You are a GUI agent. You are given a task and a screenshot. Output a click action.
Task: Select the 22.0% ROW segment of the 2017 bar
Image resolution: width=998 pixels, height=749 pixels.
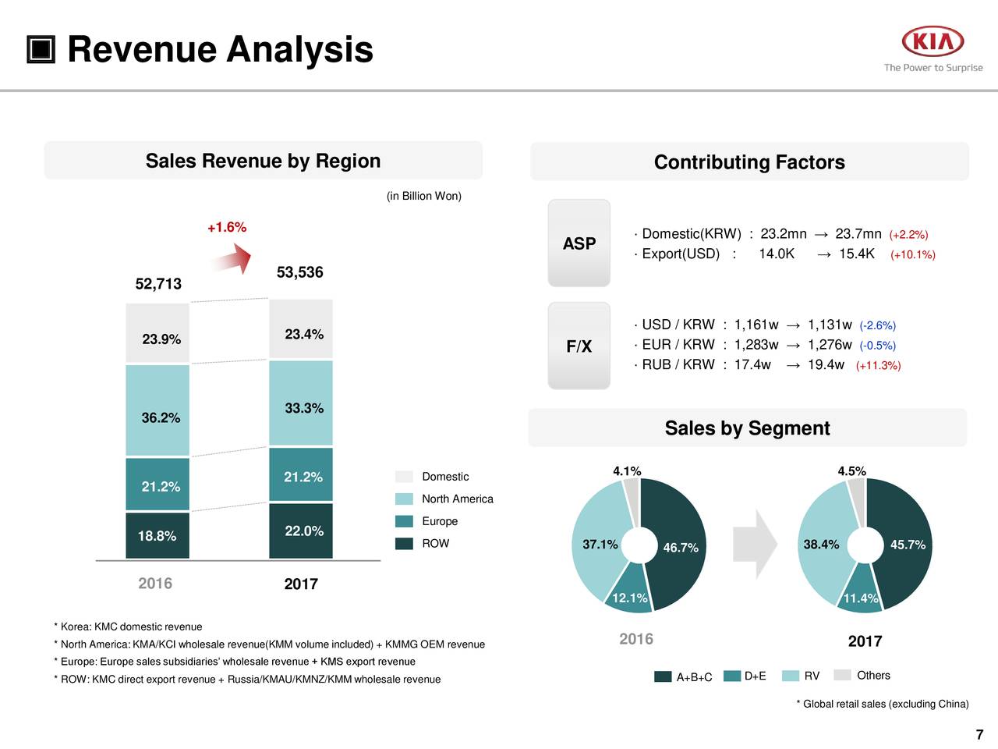click(301, 531)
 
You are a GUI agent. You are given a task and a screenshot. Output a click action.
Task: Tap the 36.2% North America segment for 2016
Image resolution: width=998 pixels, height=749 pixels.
click(157, 410)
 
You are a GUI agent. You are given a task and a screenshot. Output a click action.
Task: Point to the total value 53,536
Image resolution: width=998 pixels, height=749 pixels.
click(299, 272)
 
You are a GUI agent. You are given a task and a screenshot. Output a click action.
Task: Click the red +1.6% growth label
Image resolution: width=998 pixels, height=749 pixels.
click(227, 227)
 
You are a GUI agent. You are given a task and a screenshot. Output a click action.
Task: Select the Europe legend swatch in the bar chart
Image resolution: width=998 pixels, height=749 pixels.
click(404, 521)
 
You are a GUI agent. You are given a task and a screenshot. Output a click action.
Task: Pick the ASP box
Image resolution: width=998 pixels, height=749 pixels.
click(579, 243)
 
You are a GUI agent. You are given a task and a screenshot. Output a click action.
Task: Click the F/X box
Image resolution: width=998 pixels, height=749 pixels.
click(579, 346)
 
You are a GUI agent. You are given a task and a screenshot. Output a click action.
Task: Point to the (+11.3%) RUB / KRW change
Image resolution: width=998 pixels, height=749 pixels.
click(878, 366)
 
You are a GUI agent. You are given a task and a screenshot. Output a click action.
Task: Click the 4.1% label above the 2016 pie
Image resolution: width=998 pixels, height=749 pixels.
click(627, 471)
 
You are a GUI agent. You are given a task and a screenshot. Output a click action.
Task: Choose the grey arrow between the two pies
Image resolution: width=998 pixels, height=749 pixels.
click(755, 545)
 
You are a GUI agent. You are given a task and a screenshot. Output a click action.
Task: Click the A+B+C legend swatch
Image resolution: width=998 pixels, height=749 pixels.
click(664, 676)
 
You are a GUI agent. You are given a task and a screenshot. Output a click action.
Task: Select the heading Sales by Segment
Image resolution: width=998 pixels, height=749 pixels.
click(747, 428)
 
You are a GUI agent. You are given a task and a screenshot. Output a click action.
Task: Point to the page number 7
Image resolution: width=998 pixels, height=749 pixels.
click(979, 734)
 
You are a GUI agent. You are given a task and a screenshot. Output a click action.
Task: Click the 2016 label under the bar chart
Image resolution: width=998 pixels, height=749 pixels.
click(155, 584)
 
